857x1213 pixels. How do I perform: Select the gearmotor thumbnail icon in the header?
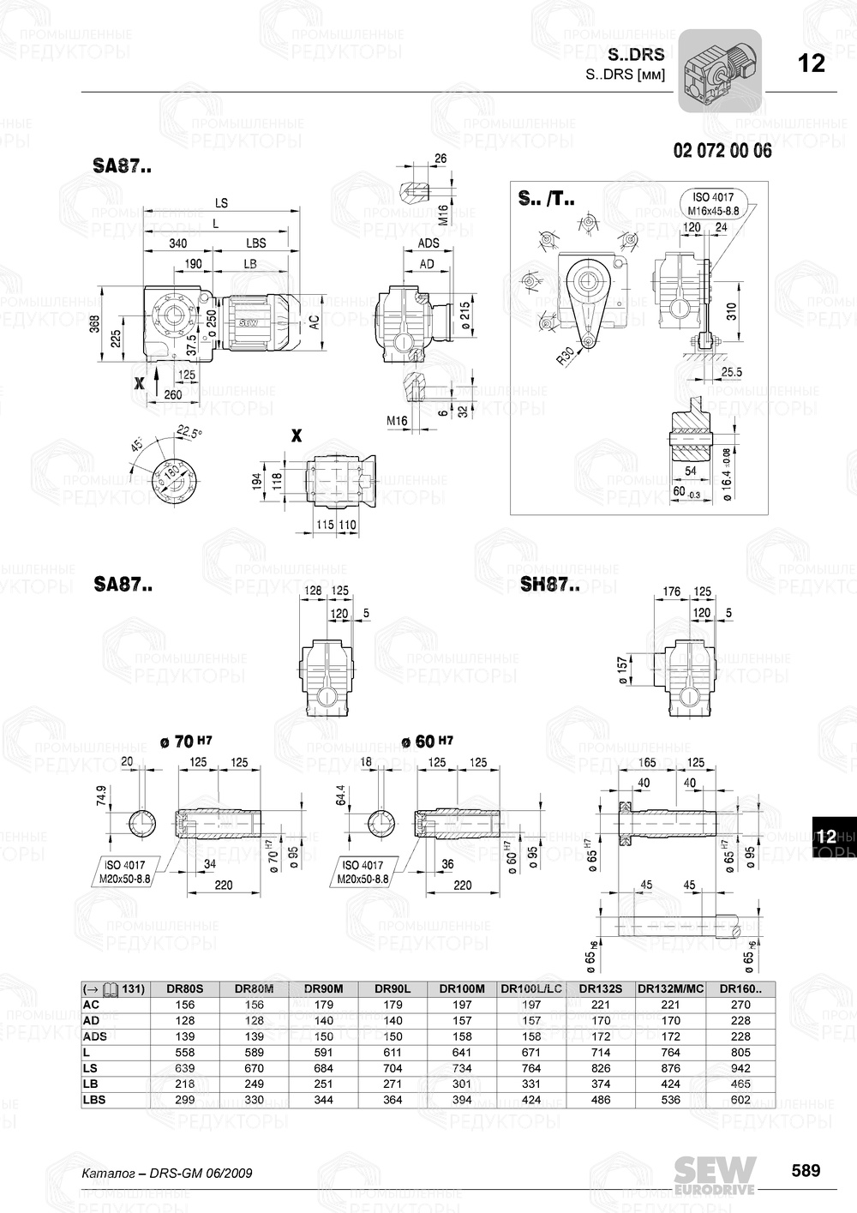[x=720, y=70]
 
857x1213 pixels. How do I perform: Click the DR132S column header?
[x=601, y=988]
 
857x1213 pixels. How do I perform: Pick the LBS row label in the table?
[x=94, y=1100]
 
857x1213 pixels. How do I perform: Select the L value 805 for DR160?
[x=740, y=1052]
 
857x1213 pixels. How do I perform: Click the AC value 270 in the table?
[x=740, y=1005]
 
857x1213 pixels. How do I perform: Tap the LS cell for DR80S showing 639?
[x=184, y=1068]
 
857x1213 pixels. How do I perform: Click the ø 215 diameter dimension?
[x=464, y=315]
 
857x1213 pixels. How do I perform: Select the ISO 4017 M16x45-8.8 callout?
[x=712, y=203]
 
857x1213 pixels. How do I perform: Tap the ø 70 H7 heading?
[x=186, y=742]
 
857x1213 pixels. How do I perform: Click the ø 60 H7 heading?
[x=427, y=742]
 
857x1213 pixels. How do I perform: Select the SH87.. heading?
[x=549, y=586]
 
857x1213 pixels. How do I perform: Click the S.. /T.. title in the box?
[x=546, y=199]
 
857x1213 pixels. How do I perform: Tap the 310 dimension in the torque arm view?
[x=730, y=311]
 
